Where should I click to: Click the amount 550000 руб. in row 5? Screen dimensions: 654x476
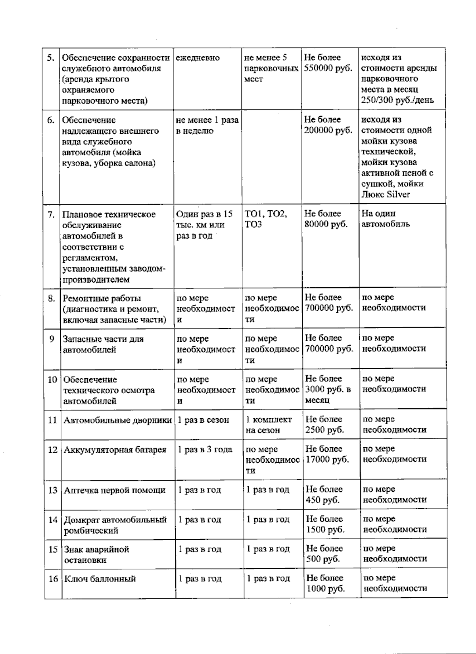click(328, 68)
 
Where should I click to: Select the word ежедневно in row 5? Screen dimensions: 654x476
click(198, 58)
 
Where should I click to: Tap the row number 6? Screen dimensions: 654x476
click(51, 120)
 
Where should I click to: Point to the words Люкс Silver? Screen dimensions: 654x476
click(386, 194)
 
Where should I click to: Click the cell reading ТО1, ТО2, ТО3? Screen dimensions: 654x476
click(266, 219)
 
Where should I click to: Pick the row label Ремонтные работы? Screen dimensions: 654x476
click(102, 298)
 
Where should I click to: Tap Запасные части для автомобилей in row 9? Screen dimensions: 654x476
click(103, 344)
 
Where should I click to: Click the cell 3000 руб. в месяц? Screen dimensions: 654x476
click(328, 390)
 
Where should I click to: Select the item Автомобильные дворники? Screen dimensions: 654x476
click(118, 420)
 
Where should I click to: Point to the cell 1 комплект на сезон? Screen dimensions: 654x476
click(269, 425)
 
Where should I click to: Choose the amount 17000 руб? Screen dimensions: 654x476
click(327, 460)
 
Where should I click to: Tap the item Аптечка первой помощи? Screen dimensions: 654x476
click(115, 490)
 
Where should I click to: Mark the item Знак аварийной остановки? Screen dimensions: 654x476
click(96, 555)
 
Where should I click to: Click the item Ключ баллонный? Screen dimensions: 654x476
click(100, 579)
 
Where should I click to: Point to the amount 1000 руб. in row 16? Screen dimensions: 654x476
click(325, 589)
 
